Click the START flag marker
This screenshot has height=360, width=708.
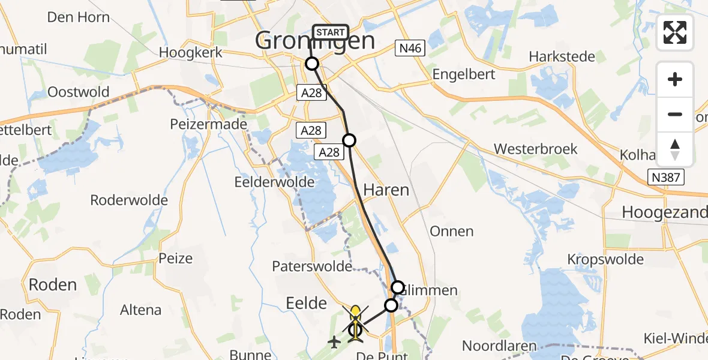[330, 32]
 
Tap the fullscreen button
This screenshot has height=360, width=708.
[675, 32]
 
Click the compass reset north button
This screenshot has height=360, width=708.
[675, 149]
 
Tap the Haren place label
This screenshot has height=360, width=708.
[386, 190]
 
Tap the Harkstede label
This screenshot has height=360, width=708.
[562, 57]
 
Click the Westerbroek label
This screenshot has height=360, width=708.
[535, 149]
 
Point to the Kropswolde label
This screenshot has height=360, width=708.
[605, 260]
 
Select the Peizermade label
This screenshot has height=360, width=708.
[209, 124]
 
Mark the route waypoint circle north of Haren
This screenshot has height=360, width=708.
[349, 140]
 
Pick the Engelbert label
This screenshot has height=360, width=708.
[464, 75]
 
